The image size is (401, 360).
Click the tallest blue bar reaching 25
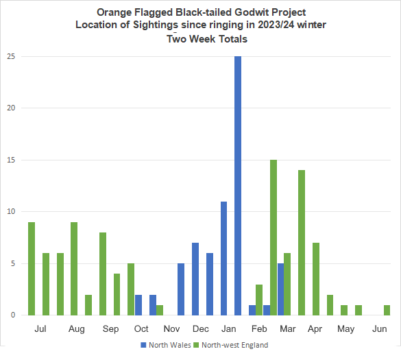pos(238,186)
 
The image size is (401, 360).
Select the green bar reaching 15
pos(274,237)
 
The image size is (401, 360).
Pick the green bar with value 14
pos(302,243)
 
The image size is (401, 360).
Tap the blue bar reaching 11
pos(223,259)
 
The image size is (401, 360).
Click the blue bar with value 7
pos(195,279)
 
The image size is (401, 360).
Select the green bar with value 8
pos(103,274)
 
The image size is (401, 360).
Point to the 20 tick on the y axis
pos(11,108)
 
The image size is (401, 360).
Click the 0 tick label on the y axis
pos(13,315)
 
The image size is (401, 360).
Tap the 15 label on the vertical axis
pos(11,160)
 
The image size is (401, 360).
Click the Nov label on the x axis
pos(171,328)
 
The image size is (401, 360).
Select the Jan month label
pos(229,328)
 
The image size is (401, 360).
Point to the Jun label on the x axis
pos(380,328)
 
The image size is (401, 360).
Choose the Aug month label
pos(77,329)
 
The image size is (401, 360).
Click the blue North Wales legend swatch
pos(143,345)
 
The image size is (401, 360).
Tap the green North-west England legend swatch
pos(196,345)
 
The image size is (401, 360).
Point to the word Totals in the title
pos(232,39)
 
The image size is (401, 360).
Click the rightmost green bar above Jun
pos(387,310)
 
